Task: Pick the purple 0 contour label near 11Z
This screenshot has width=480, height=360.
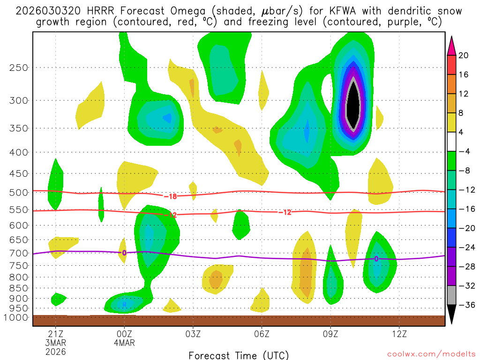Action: click(x=376, y=259)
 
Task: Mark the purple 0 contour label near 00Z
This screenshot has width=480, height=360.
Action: click(x=124, y=253)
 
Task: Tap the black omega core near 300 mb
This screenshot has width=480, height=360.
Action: click(x=353, y=105)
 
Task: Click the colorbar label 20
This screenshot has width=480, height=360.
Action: click(x=464, y=55)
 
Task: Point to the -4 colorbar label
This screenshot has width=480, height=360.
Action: click(x=465, y=151)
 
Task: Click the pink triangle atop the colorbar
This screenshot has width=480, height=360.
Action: click(x=452, y=45)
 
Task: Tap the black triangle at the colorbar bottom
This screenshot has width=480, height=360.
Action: click(x=452, y=315)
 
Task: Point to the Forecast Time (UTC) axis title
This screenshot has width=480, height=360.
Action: click(x=239, y=355)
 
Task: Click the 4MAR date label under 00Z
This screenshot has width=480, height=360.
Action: click(x=124, y=343)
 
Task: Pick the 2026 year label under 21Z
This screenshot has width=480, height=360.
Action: click(x=56, y=352)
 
